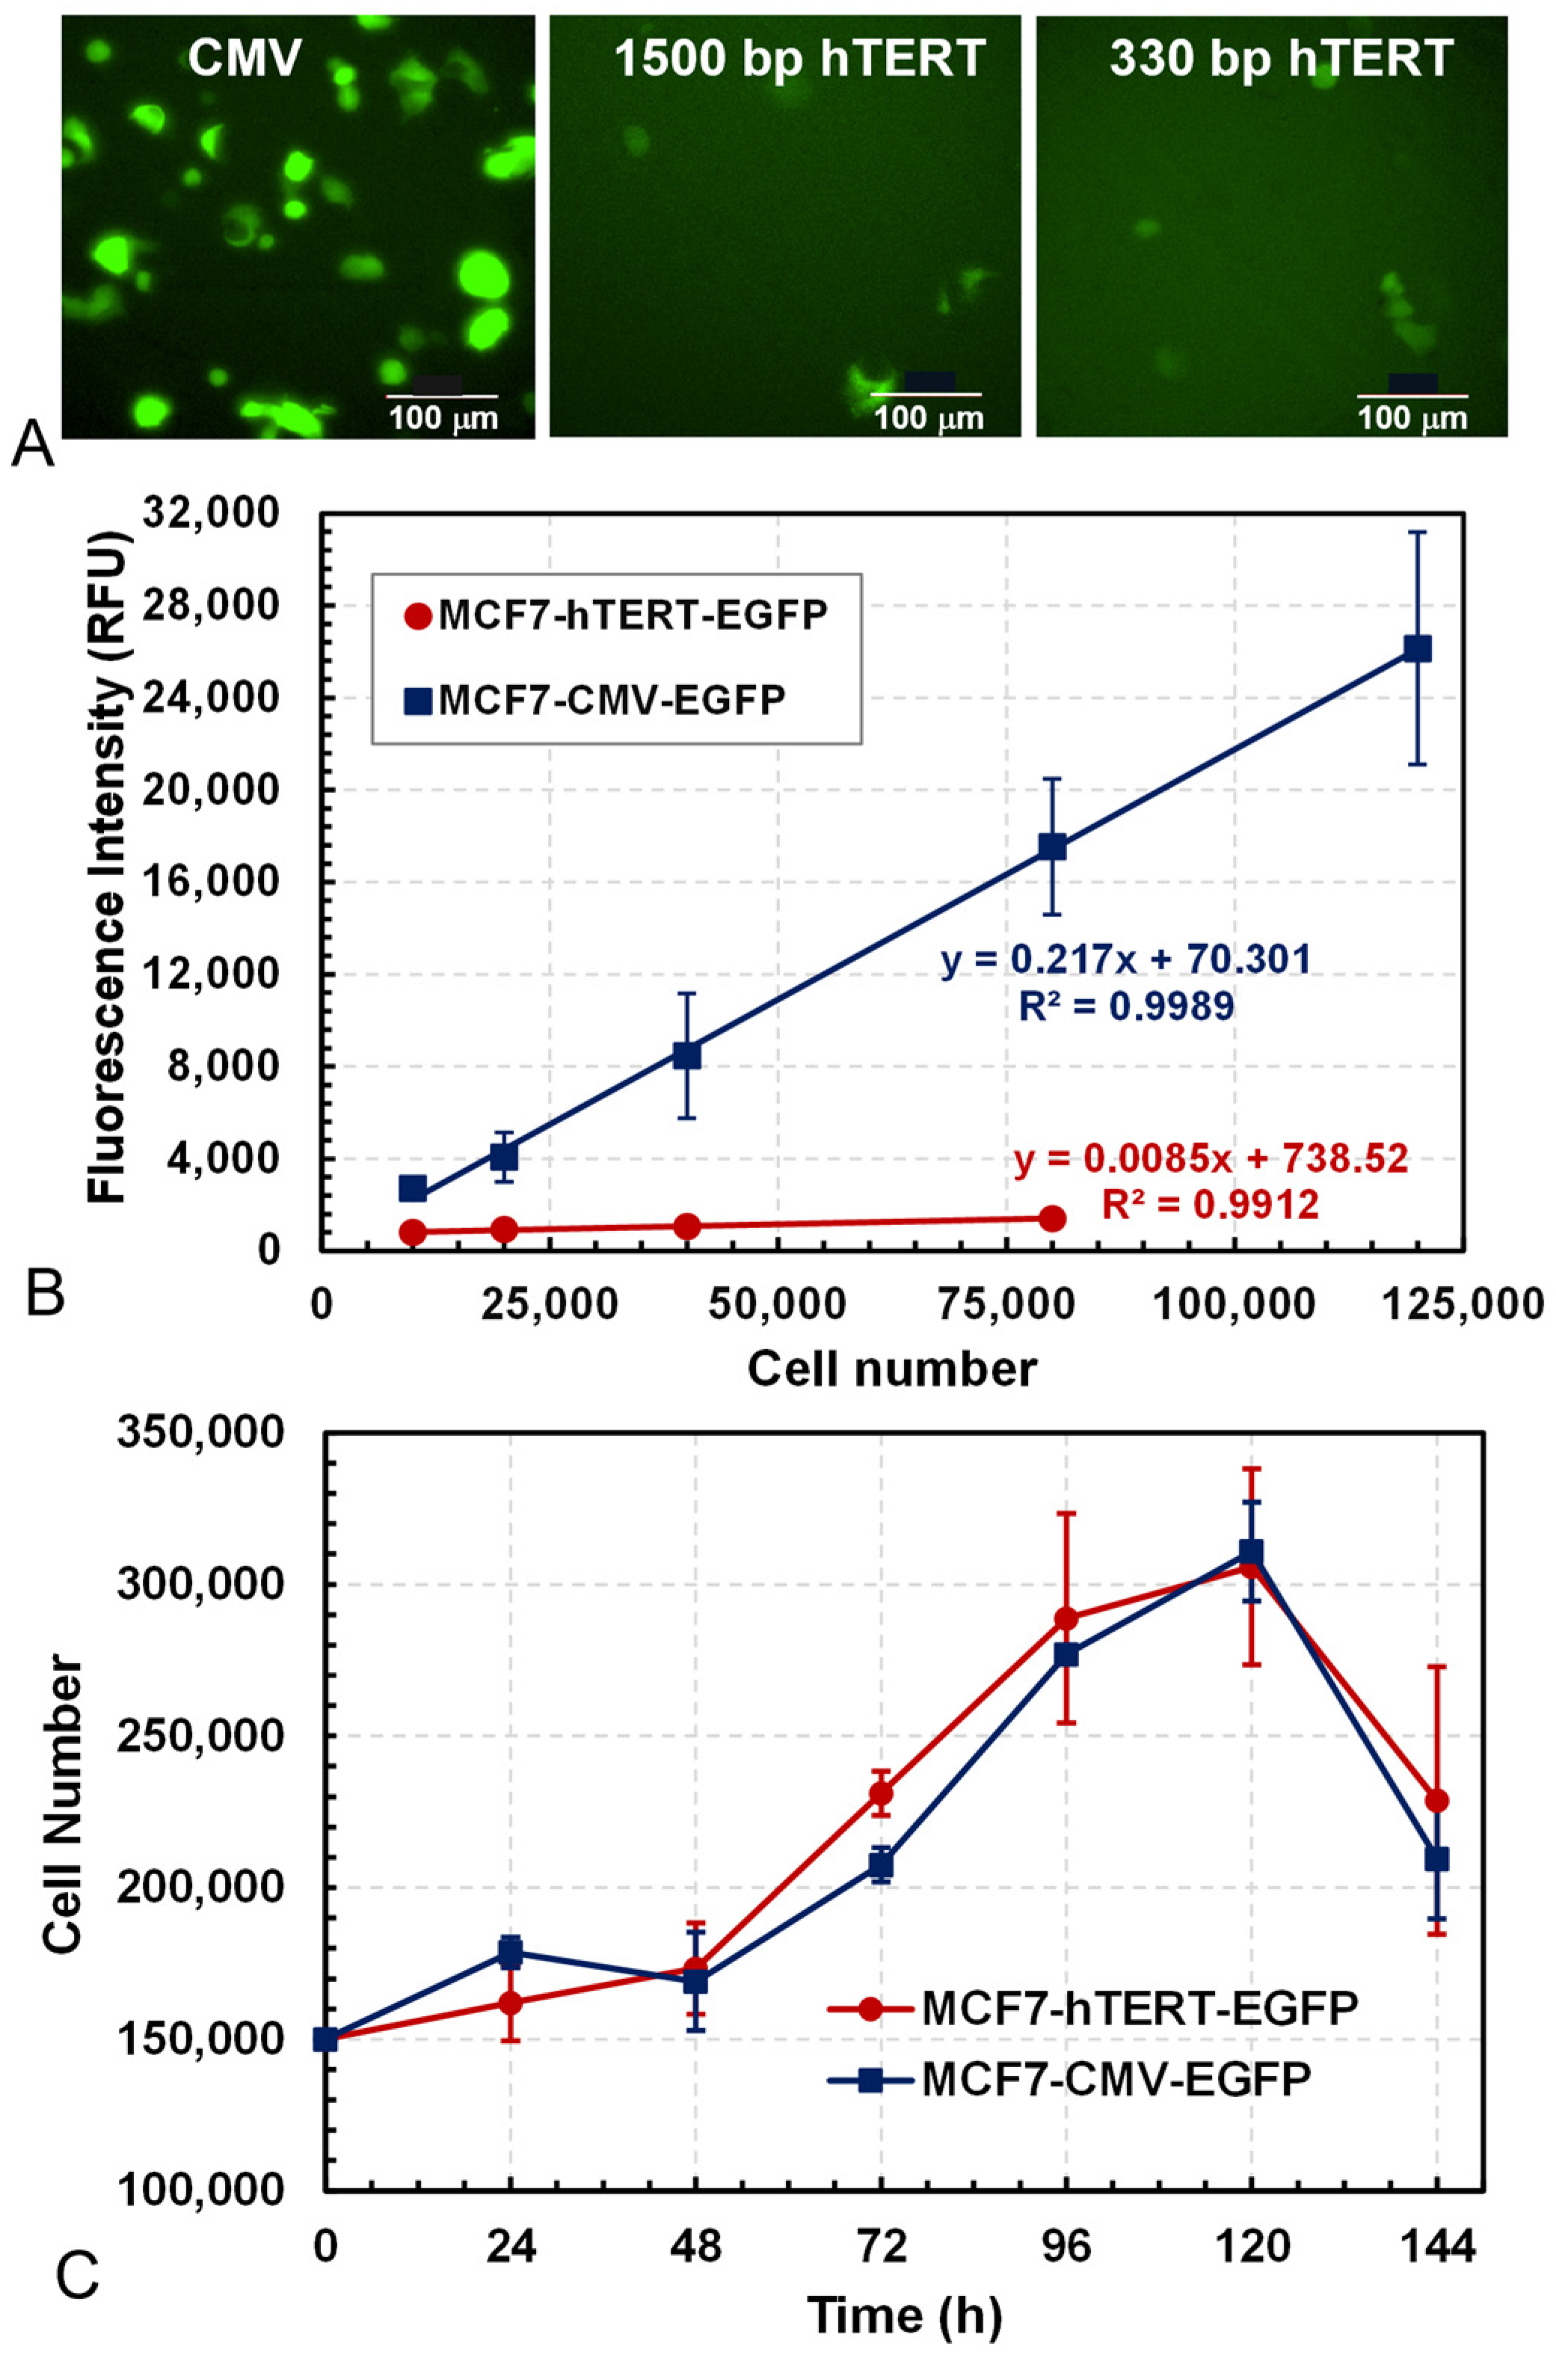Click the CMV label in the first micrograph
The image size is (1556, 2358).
245,60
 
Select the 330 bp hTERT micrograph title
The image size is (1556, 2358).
1281,60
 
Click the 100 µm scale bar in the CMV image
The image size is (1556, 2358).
442,396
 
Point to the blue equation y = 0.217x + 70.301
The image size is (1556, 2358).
1126,960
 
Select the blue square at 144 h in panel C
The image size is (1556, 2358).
1436,1859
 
